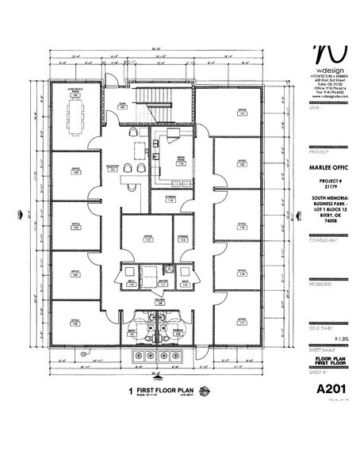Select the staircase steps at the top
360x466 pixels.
pyautogui.click(x=156, y=98)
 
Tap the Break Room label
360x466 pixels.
pyautogui.click(x=180, y=158)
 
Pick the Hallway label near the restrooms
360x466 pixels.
pyautogui.click(x=159, y=302)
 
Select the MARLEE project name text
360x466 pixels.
pyautogui.click(x=329, y=168)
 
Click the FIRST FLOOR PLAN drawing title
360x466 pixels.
pyautogui.click(x=167, y=391)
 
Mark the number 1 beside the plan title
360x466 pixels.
pyautogui.click(x=130, y=391)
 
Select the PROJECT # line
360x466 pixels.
pyautogui.click(x=332, y=181)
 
